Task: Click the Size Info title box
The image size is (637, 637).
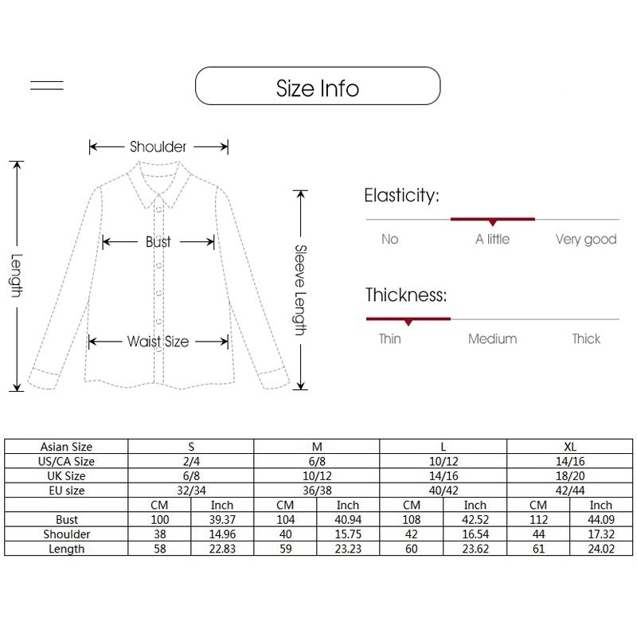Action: [318, 86]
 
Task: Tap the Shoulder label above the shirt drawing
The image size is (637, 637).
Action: [158, 147]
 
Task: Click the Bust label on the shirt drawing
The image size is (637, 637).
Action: [158, 242]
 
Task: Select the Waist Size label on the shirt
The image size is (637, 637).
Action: [158, 342]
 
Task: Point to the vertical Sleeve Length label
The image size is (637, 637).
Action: [300, 290]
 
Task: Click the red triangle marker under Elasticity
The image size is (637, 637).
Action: [493, 223]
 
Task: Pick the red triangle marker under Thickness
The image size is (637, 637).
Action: [408, 322]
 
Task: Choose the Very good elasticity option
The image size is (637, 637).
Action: [586, 240]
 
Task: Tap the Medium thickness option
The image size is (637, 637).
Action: [492, 339]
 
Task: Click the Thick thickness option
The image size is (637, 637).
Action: [586, 339]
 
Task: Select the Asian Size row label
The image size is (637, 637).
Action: [66, 447]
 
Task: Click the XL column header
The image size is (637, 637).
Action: [570, 447]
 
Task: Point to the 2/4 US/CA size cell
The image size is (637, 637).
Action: [191, 462]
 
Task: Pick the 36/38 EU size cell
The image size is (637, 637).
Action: [317, 490]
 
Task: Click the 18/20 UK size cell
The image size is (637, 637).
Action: [570, 476]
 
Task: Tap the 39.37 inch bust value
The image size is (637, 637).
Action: [222, 520]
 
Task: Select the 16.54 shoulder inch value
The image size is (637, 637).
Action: [475, 534]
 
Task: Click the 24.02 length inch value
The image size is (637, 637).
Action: [601, 549]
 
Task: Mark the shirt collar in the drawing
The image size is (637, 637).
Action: [158, 184]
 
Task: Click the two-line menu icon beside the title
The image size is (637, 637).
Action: [47, 85]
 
